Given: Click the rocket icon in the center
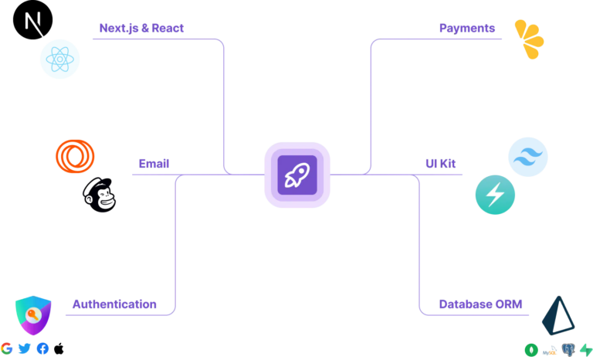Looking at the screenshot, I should point(296,175).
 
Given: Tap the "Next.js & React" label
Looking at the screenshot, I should point(141,29).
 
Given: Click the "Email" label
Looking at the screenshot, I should point(154,164).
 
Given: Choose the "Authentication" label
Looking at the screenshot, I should point(114,304).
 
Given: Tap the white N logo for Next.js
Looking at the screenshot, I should point(34,25).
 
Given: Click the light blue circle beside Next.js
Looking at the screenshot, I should point(59,59).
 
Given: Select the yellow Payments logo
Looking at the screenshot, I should point(530,39).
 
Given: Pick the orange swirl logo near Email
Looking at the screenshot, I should point(75,156).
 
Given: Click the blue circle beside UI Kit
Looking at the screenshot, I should point(528,157).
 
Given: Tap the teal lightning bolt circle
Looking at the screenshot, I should point(495,194).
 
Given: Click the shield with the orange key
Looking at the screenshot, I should point(33,314).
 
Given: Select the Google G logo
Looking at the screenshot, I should point(8,348).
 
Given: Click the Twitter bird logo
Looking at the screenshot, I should point(25,348).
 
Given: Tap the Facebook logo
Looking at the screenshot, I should point(42,348).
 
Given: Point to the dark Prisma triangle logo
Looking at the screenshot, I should point(557,315).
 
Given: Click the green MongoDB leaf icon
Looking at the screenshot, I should point(531,350).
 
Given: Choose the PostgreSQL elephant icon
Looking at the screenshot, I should point(568,350).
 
